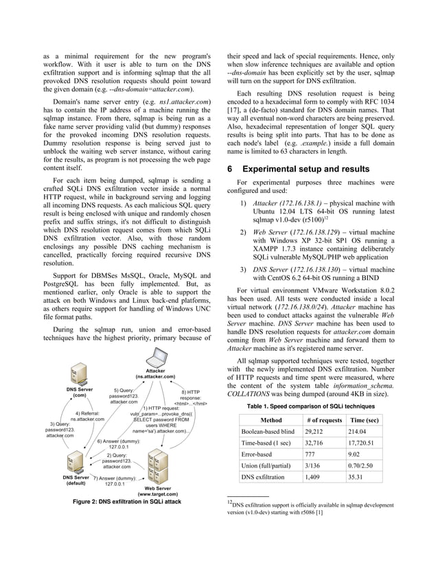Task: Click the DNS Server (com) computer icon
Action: [x=80, y=375]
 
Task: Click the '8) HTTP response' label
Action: [x=190, y=397]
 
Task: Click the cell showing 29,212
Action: [x=318, y=432]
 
